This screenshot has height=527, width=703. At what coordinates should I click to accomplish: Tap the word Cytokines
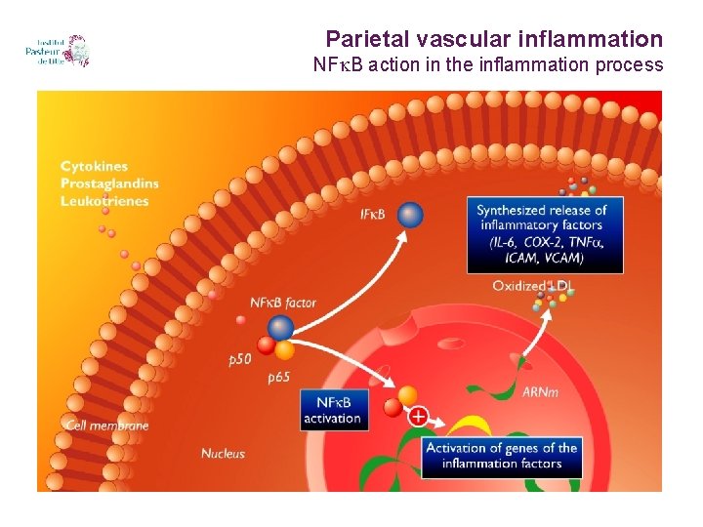[x=94, y=167]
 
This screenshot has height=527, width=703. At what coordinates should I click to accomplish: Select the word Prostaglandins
[x=109, y=183]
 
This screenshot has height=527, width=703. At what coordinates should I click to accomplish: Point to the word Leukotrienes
[x=104, y=200]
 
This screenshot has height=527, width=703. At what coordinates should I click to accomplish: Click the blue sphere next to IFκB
[x=410, y=214]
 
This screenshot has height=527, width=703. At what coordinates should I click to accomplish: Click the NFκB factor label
[x=283, y=304]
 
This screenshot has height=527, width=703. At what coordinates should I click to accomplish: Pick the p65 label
[x=279, y=378]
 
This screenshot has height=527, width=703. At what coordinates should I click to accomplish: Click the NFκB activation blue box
[x=334, y=410]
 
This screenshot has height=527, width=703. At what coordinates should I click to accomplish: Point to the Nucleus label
[x=223, y=453]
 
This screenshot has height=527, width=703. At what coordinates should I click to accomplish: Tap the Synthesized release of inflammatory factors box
[x=541, y=233]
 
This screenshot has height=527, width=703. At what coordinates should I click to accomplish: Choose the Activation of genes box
[x=502, y=456]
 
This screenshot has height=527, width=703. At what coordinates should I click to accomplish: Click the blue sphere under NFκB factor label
[x=281, y=327]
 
